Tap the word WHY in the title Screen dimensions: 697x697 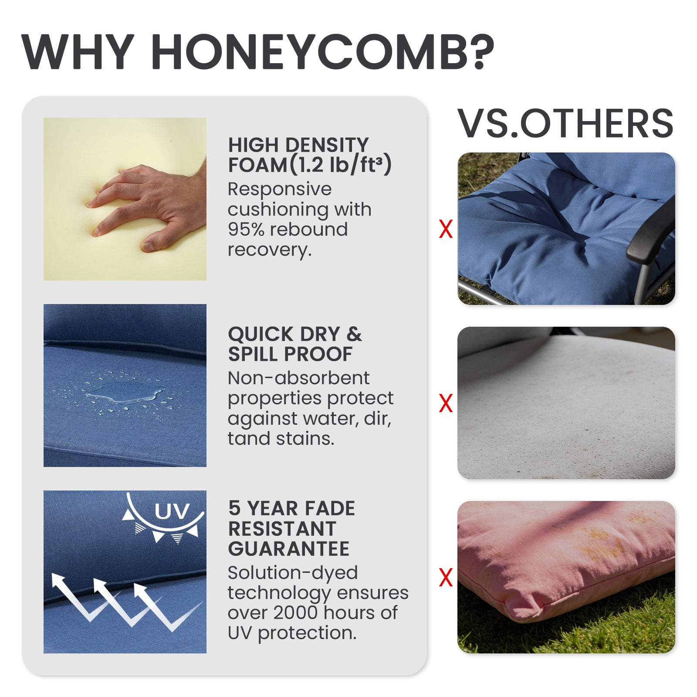pos(78,51)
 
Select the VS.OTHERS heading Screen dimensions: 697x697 pos(566,124)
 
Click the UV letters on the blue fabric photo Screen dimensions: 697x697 pos(172,511)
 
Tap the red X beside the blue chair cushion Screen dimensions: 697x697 pos(446,229)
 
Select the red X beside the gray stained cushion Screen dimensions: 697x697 pos(446,403)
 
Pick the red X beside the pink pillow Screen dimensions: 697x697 pos(446,578)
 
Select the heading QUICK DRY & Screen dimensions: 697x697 pos(295,334)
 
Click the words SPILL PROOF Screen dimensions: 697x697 pos(290,354)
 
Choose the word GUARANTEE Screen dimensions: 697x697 pos(289,548)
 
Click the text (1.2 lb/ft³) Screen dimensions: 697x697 pos(340,165)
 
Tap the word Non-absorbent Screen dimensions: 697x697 pos(298,378)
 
